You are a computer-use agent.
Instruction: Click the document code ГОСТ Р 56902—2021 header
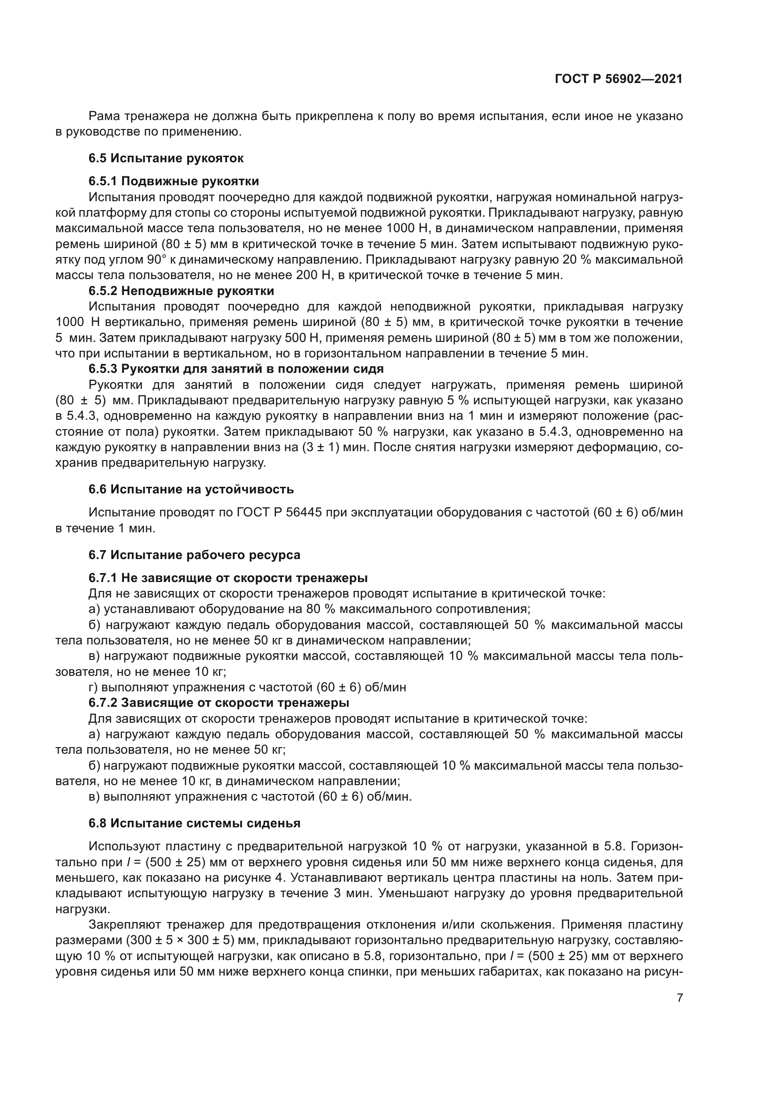(618, 79)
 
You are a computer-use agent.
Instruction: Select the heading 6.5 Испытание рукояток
(166, 158)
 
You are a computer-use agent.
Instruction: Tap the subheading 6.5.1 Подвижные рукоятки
(174, 181)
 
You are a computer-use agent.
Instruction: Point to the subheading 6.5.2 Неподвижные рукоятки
(181, 291)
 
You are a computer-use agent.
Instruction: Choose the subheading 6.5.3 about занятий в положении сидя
(236, 369)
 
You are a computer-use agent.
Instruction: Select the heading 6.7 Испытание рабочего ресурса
(194, 555)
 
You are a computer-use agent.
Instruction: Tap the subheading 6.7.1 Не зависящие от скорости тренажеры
(228, 578)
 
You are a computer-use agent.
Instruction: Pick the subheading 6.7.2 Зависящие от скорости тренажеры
(218, 703)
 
